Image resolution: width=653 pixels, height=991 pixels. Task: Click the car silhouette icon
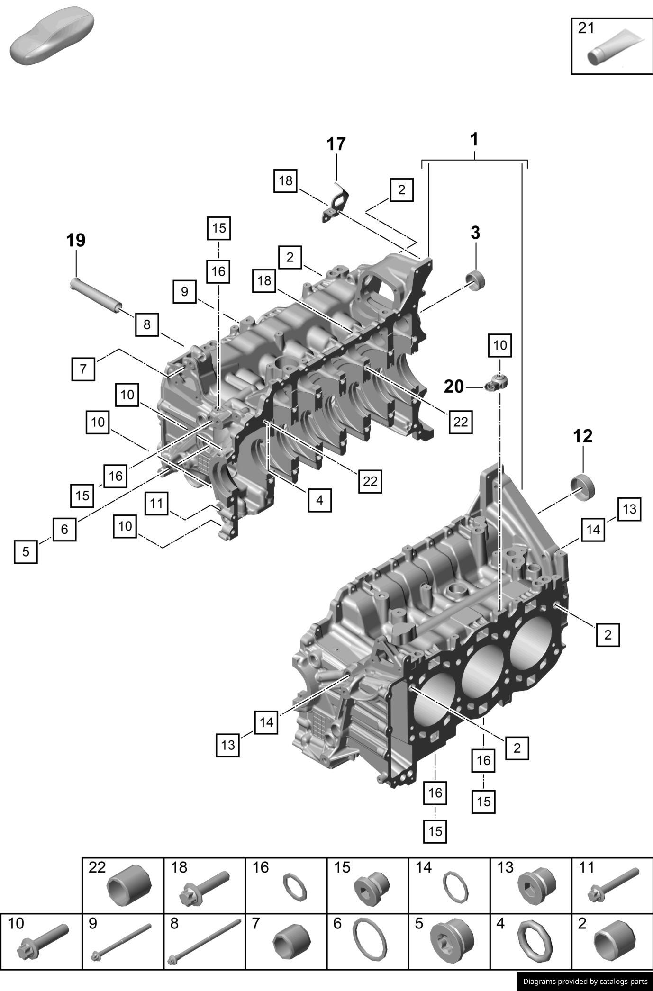(x=51, y=36)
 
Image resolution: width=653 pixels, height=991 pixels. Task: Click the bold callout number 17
(x=336, y=144)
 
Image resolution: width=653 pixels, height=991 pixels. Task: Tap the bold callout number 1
(x=474, y=140)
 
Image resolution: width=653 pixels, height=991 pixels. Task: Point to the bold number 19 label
(x=76, y=241)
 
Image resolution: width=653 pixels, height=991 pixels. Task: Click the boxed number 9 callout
(x=184, y=291)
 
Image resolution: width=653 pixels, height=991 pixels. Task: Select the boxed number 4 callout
(x=319, y=500)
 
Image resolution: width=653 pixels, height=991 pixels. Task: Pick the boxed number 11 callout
(x=156, y=503)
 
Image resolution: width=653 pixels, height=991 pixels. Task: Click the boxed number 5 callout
(x=26, y=551)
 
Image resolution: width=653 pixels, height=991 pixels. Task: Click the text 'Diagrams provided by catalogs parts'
(x=585, y=981)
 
